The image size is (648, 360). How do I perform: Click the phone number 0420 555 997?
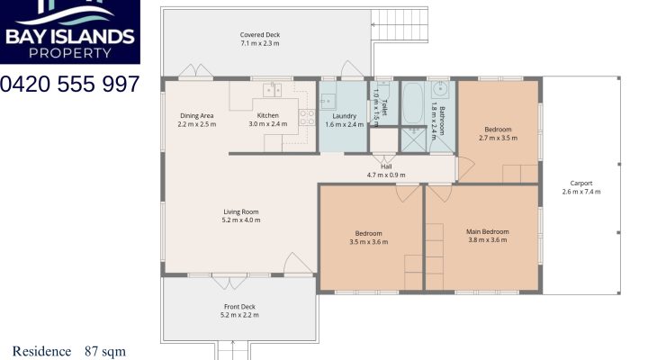click(x=70, y=84)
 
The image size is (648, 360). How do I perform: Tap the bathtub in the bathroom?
click(x=414, y=104)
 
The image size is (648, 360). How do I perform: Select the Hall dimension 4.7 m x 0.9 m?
click(x=386, y=175)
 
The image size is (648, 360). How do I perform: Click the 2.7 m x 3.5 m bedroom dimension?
click(x=498, y=138)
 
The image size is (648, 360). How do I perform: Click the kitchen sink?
click(x=273, y=89)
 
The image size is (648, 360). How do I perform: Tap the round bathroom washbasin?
click(x=441, y=90)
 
